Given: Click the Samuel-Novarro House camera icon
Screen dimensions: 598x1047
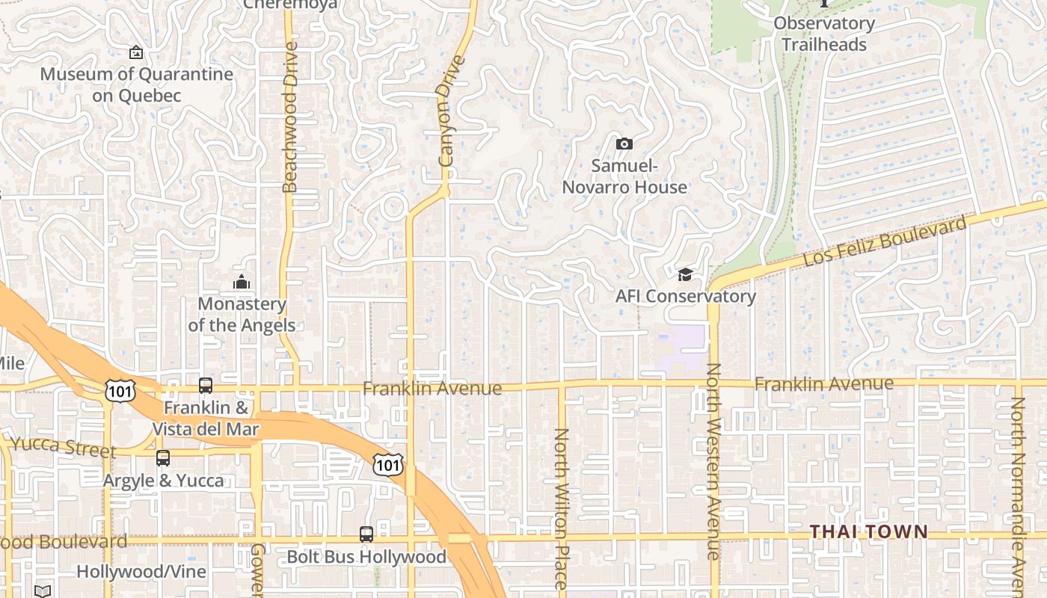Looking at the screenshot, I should pyautogui.click(x=624, y=144).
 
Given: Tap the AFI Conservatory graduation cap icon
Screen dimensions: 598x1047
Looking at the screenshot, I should pyautogui.click(x=685, y=275).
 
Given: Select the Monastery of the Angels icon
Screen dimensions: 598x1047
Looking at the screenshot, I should pyautogui.click(x=241, y=282).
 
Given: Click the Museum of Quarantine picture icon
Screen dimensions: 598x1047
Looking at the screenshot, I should pyautogui.click(x=135, y=52).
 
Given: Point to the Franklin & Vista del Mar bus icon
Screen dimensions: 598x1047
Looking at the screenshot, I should pyautogui.click(x=206, y=386).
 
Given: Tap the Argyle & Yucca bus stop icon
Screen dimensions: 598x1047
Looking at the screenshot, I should pyautogui.click(x=163, y=457).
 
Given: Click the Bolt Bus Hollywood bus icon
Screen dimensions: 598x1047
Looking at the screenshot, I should pyautogui.click(x=366, y=534).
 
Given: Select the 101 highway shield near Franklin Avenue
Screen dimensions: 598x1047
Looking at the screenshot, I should pyautogui.click(x=119, y=389).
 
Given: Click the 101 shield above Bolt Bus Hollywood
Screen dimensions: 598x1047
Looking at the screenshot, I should pyautogui.click(x=388, y=465).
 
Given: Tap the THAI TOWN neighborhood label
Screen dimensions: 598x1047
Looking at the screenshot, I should pyautogui.click(x=869, y=531).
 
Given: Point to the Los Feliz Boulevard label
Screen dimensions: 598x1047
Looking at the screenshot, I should pyautogui.click(x=885, y=241).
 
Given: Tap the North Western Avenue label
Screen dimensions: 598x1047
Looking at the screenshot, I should pyautogui.click(x=713, y=461).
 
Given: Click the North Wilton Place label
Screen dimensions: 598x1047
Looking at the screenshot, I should pyautogui.click(x=561, y=497).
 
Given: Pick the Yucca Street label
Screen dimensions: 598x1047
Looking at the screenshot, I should pyautogui.click(x=64, y=448).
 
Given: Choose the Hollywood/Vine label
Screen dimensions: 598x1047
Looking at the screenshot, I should pyautogui.click(x=131, y=572).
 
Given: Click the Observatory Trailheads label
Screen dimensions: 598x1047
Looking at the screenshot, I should pyautogui.click(x=824, y=34).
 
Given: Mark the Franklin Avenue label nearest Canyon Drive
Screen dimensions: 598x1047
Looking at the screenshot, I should pyautogui.click(x=432, y=389).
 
